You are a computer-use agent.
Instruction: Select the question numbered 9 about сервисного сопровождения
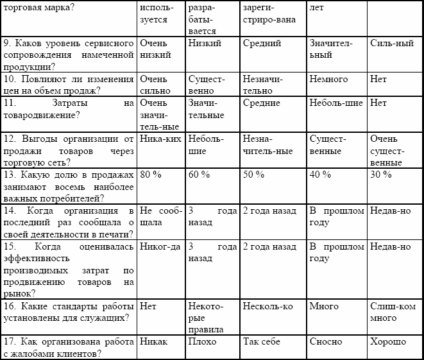tap(69, 55)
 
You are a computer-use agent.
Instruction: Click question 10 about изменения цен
tap(69, 85)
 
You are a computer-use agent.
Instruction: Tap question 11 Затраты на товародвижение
tap(69, 108)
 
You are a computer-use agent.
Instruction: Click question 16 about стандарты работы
tap(69, 312)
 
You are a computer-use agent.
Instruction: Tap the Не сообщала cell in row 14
tap(160, 216)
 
